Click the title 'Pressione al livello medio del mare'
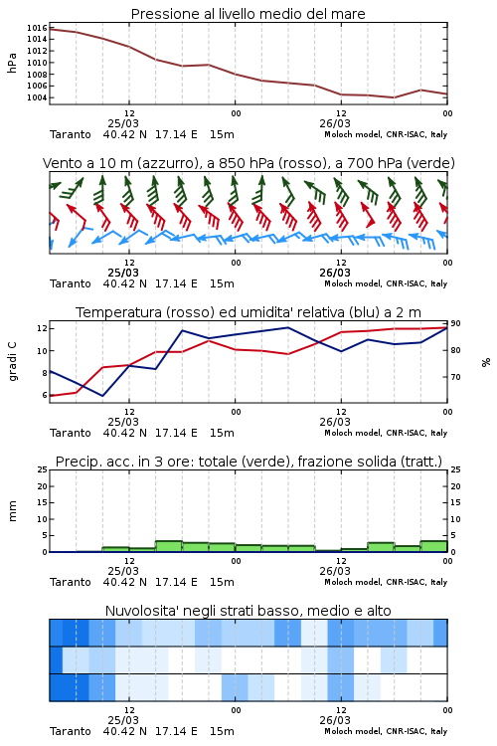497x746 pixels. [x=248, y=14]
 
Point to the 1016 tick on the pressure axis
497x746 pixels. [x=37, y=28]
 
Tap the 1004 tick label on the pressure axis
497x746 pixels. [x=37, y=97]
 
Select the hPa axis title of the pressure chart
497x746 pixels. [x=12, y=63]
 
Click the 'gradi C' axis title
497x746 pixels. [x=12, y=362]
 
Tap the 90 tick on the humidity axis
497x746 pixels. [x=455, y=323]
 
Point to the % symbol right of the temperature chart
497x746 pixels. [x=486, y=362]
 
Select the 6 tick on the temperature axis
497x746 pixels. [x=44, y=395]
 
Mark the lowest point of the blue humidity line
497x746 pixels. [x=102, y=396]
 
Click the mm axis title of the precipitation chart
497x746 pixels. [x=12, y=511]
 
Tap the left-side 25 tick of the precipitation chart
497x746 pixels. [x=43, y=469]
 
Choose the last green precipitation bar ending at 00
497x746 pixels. [x=433, y=546]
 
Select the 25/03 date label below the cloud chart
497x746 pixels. [x=123, y=720]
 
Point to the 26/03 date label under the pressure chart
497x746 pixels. [x=335, y=123]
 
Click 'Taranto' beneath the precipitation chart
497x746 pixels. [x=71, y=582]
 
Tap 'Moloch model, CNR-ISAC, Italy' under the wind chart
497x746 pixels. [x=386, y=283]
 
